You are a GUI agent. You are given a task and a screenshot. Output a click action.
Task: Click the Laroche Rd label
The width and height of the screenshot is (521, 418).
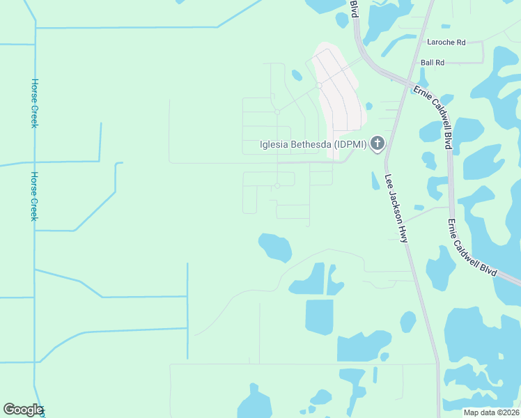point(446,42)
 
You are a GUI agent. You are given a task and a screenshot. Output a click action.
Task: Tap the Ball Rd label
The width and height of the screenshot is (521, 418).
point(433,63)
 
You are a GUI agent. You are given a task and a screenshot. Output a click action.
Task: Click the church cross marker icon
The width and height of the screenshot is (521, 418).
point(377,144)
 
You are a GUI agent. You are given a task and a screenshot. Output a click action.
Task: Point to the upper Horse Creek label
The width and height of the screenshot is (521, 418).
point(34,102)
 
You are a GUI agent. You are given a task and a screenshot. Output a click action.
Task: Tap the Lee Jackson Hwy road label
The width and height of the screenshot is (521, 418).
point(395,208)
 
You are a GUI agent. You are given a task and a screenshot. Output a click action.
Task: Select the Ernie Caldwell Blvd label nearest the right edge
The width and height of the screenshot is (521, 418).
point(473,247)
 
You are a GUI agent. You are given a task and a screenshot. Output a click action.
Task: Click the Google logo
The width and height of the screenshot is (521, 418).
point(23,410)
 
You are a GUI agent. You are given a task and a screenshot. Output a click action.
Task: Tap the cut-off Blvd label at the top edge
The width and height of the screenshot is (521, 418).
point(354,8)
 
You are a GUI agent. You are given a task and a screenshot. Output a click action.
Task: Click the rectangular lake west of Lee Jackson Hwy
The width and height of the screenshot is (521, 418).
point(319,316)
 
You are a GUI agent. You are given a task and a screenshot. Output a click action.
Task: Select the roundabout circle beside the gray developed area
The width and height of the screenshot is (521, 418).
point(318,86)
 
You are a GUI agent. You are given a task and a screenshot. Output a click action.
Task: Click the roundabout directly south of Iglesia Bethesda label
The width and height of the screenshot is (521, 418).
point(277,185)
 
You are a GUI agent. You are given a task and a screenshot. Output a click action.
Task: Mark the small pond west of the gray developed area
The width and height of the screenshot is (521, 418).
point(297,75)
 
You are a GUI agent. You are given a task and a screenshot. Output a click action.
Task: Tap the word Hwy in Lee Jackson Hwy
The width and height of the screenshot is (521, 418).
point(403,232)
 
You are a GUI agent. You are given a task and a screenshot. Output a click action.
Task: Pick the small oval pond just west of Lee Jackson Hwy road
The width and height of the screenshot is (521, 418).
point(407,321)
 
